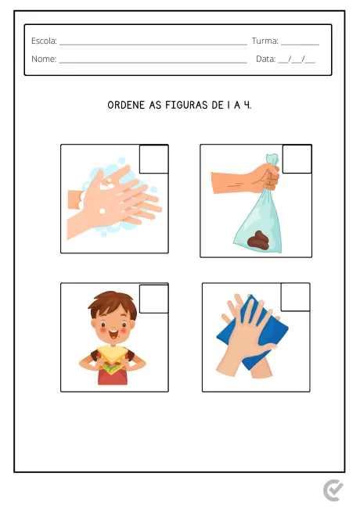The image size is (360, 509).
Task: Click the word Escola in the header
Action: click(x=44, y=41)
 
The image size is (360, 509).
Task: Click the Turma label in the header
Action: click(x=265, y=41)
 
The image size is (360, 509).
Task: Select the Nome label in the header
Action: click(x=44, y=59)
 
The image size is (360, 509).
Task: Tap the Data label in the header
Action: click(x=265, y=59)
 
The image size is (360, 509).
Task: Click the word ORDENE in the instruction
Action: click(x=126, y=104)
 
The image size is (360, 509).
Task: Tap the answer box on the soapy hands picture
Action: click(x=154, y=159)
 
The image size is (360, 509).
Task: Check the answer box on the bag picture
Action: click(x=297, y=159)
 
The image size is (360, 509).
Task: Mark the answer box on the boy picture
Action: click(x=154, y=298)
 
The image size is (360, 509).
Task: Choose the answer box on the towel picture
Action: click(x=295, y=298)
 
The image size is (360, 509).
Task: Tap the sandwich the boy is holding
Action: click(x=114, y=364)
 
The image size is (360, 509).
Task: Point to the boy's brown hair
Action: click(x=113, y=305)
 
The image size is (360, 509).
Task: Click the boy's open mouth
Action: click(x=114, y=339)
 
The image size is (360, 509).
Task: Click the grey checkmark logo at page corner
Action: click(x=333, y=490)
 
